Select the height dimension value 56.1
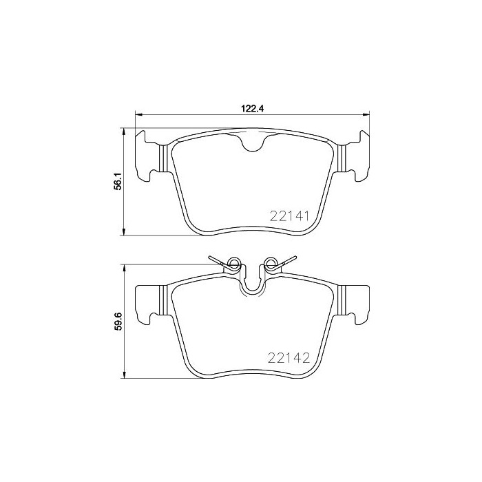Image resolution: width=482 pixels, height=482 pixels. [x=117, y=181]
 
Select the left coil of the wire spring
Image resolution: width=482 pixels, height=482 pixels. [x=234, y=264]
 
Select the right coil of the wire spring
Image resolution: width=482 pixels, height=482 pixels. [x=271, y=264]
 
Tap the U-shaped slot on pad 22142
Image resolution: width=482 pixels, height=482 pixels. [x=252, y=283]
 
